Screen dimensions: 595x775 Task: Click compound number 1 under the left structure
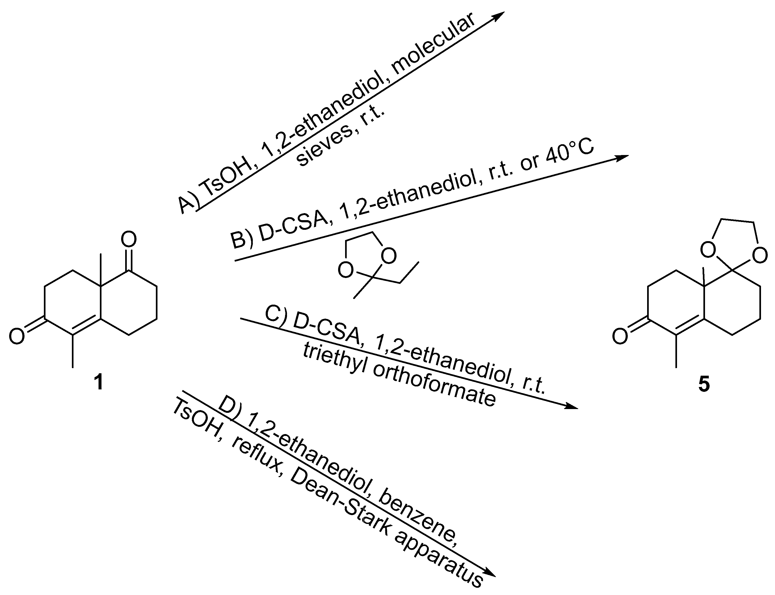tap(98, 383)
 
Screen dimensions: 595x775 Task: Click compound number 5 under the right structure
tap(704, 385)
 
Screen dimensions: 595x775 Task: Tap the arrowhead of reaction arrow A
tap(498, 16)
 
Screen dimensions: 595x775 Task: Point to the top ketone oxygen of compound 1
tap(129, 240)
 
